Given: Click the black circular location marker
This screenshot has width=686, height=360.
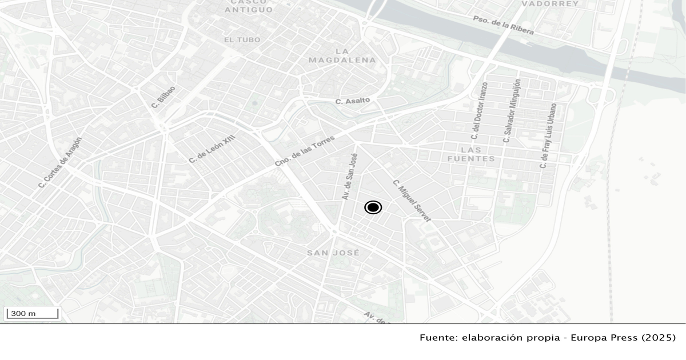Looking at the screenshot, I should click(x=373, y=207).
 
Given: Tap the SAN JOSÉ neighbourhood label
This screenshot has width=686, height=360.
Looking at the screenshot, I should click(x=333, y=253).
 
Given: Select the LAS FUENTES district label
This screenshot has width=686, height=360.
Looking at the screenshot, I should click(x=472, y=154).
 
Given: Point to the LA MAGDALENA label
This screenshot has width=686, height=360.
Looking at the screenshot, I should click(x=342, y=55).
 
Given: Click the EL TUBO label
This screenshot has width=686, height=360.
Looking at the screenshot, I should click(x=242, y=40).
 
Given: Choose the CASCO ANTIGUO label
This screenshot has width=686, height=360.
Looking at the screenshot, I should click(x=249, y=6).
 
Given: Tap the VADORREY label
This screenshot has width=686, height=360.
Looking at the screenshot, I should click(x=542, y=3).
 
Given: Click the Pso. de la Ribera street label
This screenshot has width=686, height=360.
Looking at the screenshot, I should click(x=503, y=25).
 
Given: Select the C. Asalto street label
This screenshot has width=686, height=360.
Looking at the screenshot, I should click(x=353, y=101).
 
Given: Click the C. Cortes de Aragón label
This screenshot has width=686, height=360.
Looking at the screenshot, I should click(x=60, y=163).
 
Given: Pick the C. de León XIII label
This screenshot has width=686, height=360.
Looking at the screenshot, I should click(x=212, y=147).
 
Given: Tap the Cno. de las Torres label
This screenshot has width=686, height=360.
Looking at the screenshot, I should click(x=304, y=147).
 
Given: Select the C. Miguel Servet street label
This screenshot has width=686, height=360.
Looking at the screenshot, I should click(x=412, y=201).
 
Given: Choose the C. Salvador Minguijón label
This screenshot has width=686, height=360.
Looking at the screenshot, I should click(x=512, y=111).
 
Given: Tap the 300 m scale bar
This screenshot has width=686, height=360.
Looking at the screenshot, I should click(x=31, y=313).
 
